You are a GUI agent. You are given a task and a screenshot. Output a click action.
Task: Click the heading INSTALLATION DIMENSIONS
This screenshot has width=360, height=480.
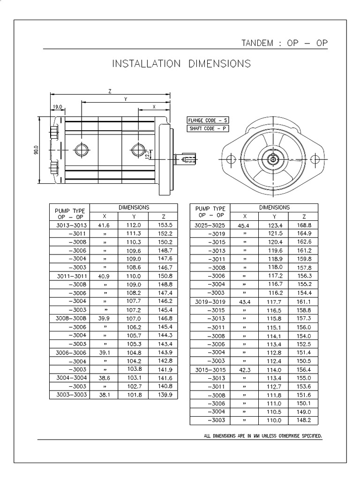click(181, 63)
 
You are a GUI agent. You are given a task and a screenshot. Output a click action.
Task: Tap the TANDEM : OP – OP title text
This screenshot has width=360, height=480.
click(284, 43)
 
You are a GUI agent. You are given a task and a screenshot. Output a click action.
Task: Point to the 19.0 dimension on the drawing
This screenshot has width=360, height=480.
click(58, 107)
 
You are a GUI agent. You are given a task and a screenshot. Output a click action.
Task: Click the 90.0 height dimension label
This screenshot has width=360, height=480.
click(36, 151)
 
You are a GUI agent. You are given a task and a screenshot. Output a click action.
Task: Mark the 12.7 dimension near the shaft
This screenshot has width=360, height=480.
click(148, 155)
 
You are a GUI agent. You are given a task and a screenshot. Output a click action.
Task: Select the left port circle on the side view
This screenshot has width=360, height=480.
click(81, 150)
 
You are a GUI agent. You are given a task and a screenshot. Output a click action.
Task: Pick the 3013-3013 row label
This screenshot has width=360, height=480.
click(69, 225)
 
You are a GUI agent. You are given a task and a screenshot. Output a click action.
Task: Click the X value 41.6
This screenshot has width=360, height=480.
click(104, 225)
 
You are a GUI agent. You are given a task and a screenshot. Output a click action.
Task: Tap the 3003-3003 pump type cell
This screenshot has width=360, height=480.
click(69, 395)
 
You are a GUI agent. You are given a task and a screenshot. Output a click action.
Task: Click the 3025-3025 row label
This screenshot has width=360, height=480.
click(210, 225)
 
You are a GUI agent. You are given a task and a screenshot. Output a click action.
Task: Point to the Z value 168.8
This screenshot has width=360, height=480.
click(304, 225)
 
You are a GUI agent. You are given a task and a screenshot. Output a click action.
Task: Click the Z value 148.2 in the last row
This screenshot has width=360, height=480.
click(304, 420)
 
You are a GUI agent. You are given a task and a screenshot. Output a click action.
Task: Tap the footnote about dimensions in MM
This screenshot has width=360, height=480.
click(263, 436)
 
